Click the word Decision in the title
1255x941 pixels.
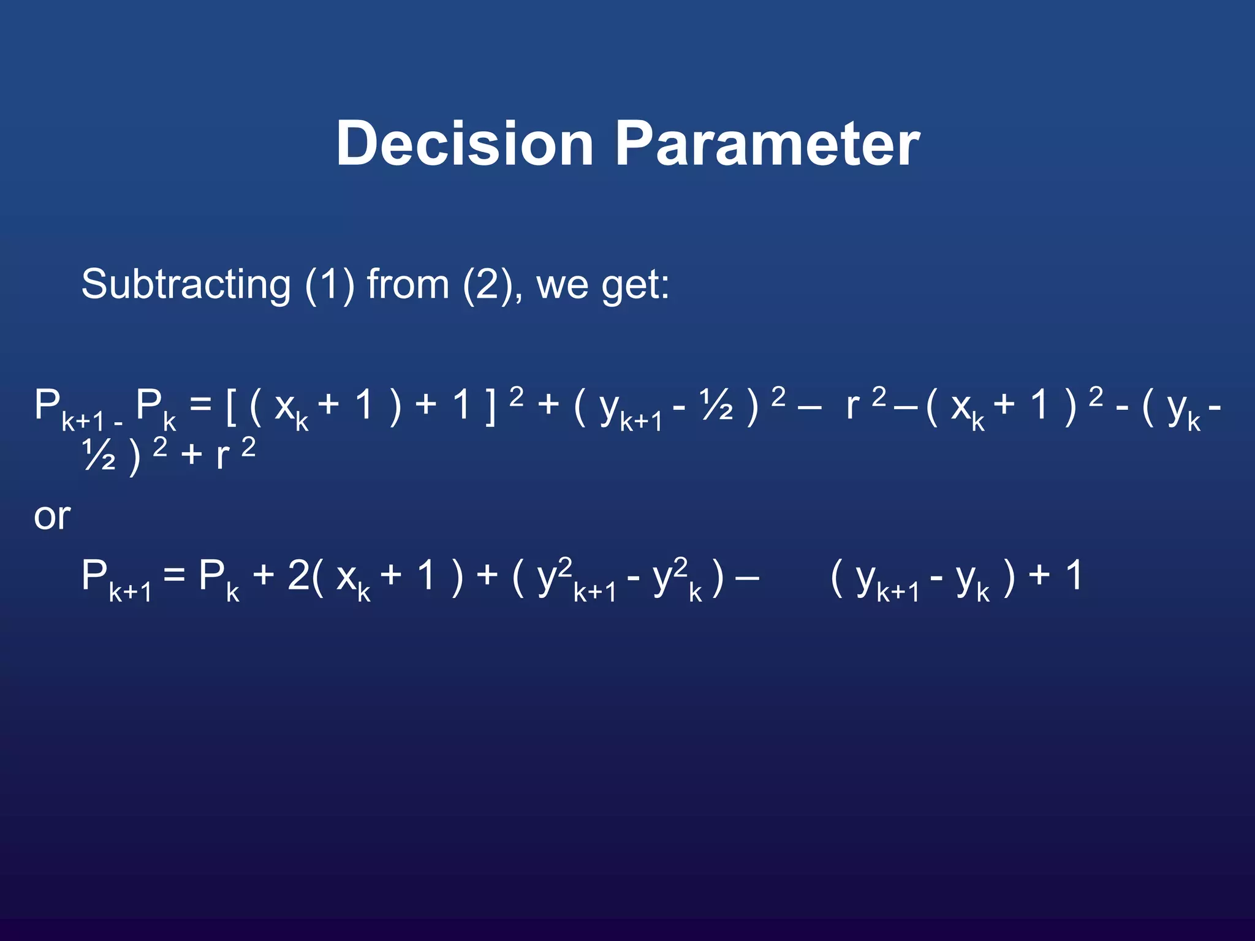[464, 143]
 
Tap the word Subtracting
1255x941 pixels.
[186, 284]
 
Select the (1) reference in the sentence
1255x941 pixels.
[330, 284]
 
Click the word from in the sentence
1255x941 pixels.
[408, 284]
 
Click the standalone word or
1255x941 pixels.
[52, 516]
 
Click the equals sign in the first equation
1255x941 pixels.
[200, 406]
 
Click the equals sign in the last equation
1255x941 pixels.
[174, 576]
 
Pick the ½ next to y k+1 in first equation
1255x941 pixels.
[716, 406]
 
